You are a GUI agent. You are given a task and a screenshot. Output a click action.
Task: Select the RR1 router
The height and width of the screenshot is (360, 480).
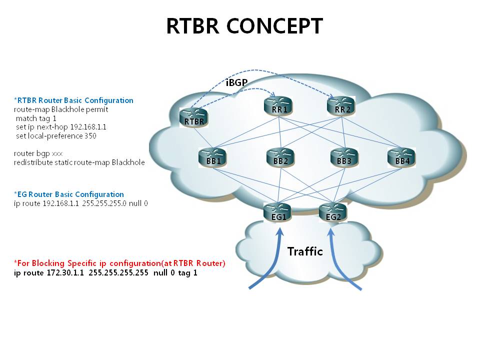tap(277, 106)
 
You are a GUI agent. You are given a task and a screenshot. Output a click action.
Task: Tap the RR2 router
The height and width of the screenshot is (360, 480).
tap(341, 106)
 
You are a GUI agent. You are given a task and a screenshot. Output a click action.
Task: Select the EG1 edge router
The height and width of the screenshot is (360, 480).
tap(278, 212)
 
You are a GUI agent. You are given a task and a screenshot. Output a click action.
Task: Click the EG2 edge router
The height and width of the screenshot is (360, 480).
tap(333, 212)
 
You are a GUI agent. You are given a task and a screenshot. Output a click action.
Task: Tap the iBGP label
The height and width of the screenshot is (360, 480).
tap(237, 82)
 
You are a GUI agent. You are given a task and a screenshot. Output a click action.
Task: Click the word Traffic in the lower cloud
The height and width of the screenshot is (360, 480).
tap(305, 251)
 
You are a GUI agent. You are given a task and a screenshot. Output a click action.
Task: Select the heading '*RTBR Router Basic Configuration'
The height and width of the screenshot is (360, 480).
tap(73, 100)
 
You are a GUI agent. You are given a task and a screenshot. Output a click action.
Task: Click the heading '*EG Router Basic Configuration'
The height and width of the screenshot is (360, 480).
tap(69, 194)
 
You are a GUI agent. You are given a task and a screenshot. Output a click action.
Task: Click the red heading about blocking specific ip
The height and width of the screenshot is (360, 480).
tap(119, 263)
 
